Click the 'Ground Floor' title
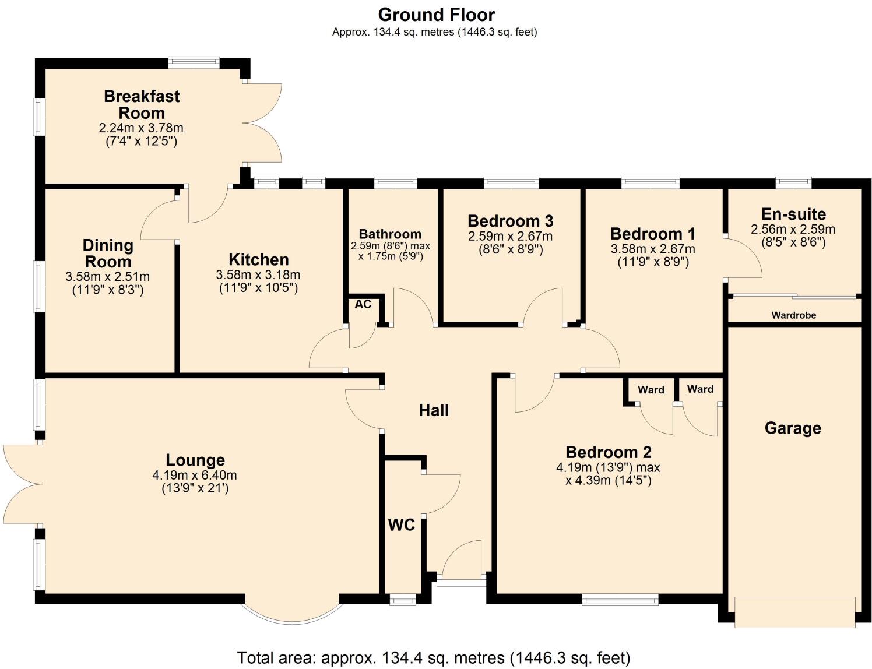(x=436, y=15)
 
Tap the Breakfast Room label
(x=142, y=104)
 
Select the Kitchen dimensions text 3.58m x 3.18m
(x=258, y=275)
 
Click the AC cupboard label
(x=363, y=304)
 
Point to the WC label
(x=401, y=525)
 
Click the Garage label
(x=792, y=428)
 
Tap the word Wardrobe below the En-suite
(x=793, y=315)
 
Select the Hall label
(x=434, y=410)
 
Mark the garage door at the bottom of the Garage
(x=794, y=612)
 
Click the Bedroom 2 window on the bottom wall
(x=620, y=599)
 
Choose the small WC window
(x=402, y=599)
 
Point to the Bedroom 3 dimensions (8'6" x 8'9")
(x=510, y=249)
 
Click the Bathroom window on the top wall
(x=395, y=183)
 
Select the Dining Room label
(x=108, y=253)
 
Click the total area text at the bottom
(x=434, y=658)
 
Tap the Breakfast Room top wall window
(x=194, y=63)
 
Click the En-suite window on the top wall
(x=793, y=183)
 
